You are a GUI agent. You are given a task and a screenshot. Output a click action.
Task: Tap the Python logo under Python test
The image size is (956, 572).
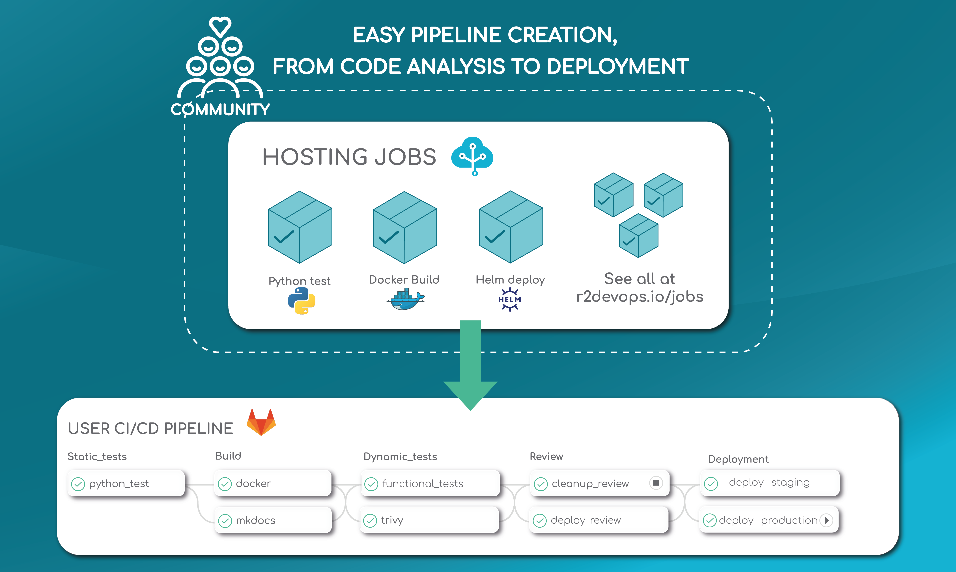[302, 301]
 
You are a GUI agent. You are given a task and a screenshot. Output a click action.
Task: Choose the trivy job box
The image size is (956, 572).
[429, 520]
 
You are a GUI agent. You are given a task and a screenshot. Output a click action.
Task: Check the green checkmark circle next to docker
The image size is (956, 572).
[225, 484]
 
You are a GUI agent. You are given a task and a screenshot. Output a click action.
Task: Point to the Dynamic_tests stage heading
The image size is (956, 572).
[400, 457]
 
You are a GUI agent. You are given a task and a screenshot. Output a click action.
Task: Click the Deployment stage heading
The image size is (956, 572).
[738, 459]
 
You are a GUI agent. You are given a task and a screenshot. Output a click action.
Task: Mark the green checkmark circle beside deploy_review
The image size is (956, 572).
[539, 521]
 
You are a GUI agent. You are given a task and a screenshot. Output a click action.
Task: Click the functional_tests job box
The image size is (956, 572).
[430, 483]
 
